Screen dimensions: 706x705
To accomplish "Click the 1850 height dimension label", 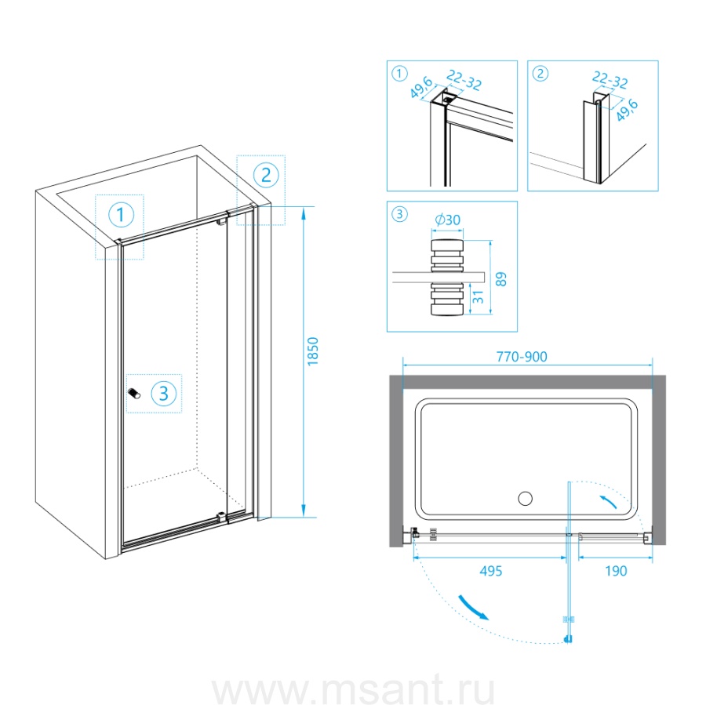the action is point(313,351).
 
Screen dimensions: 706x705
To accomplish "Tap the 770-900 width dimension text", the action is point(522,357).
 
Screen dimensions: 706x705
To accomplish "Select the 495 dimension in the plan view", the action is point(491,571).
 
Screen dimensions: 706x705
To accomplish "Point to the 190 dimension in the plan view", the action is point(616,571).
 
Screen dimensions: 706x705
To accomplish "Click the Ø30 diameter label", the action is point(448,220).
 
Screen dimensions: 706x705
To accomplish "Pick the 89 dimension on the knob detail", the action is point(501,279).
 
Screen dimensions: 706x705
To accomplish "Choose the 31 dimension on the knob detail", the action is point(478,297).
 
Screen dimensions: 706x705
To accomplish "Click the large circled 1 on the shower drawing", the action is point(121,214).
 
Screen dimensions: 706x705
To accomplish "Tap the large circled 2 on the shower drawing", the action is point(266,175).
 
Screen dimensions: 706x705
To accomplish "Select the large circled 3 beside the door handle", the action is point(163,394).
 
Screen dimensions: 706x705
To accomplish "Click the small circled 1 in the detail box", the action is point(400,74).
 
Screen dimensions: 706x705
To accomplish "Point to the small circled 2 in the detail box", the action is point(540,74).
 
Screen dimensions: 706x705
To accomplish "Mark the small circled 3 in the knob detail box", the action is point(400,214).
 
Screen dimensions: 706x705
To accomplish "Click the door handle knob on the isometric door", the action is point(134,393).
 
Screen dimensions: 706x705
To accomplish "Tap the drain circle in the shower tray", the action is point(525,499).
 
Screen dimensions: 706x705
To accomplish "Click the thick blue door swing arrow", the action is point(473,607).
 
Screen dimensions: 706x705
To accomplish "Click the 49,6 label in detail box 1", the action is point(421,87).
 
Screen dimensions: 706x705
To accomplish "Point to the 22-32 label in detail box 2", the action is point(610,80).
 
